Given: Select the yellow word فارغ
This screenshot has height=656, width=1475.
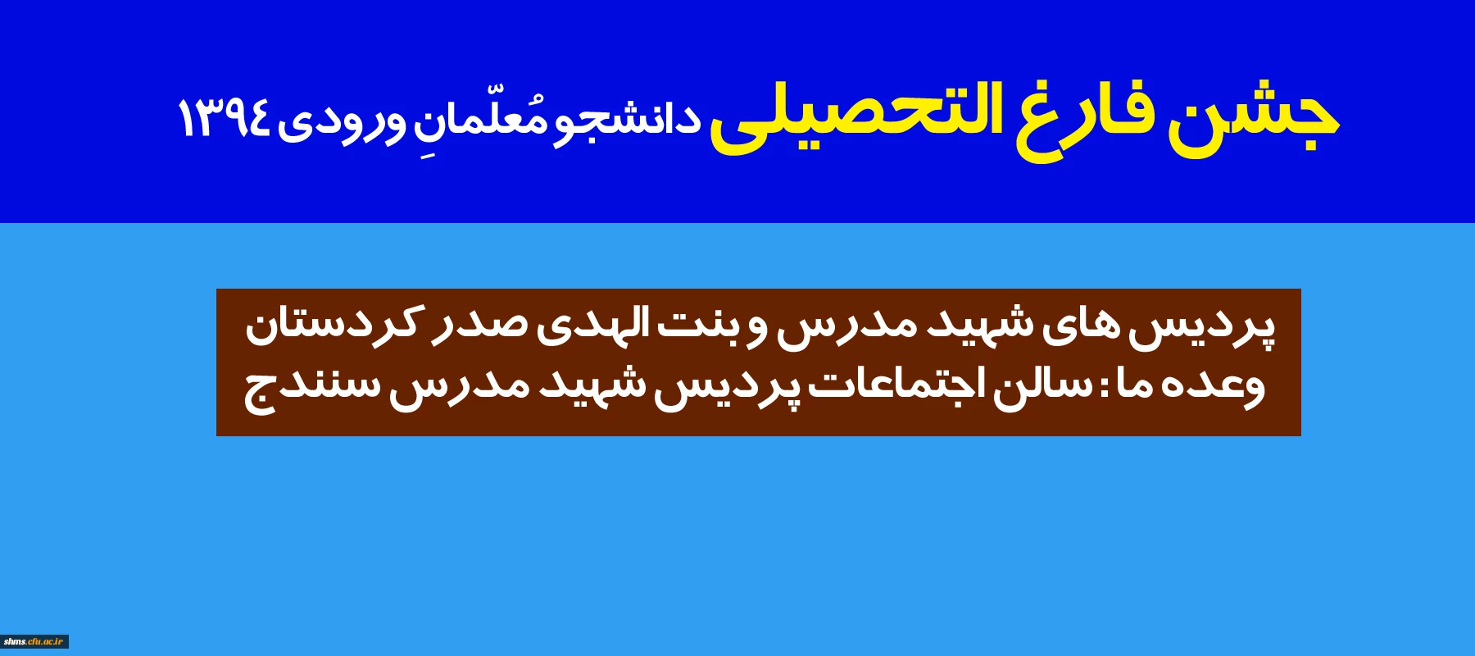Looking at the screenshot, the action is pos(1082,119).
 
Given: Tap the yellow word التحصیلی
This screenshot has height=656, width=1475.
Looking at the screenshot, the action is pos(856,115).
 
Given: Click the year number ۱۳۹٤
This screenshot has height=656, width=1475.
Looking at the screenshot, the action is pos(224,119).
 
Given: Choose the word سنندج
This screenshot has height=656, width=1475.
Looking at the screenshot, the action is pos(312,389).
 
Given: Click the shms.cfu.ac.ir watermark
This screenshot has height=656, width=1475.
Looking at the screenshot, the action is pos(34,641).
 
